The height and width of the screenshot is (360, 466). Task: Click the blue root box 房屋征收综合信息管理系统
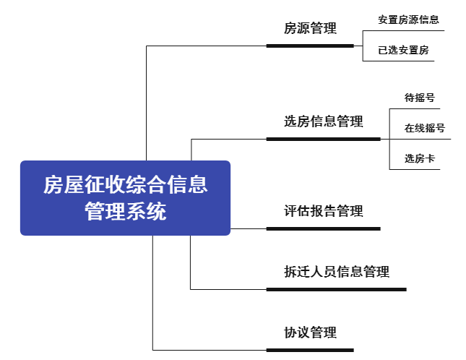125,198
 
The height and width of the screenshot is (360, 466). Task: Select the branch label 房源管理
310,28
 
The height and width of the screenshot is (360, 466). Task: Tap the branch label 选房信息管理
324,121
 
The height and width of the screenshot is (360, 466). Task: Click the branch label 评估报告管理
324,211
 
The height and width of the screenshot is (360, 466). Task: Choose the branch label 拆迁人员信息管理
337,271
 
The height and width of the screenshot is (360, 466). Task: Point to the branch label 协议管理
310,333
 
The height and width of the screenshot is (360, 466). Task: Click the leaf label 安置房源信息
408,20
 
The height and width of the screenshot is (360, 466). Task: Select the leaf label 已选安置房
403,50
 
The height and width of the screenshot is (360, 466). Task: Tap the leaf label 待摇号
419,98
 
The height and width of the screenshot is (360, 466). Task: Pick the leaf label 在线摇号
424,128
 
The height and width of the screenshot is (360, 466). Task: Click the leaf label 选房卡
419,158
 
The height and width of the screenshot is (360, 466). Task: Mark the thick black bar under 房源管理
310,46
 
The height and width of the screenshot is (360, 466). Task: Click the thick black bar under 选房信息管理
324,139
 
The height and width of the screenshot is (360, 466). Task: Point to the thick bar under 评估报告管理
324,228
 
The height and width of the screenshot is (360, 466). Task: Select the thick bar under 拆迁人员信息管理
337,289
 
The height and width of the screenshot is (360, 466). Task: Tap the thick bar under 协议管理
310,350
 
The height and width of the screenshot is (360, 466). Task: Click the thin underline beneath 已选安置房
399,61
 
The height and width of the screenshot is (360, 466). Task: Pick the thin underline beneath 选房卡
415,169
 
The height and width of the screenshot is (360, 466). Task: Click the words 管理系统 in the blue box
126,211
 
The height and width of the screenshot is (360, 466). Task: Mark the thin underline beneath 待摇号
415,109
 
